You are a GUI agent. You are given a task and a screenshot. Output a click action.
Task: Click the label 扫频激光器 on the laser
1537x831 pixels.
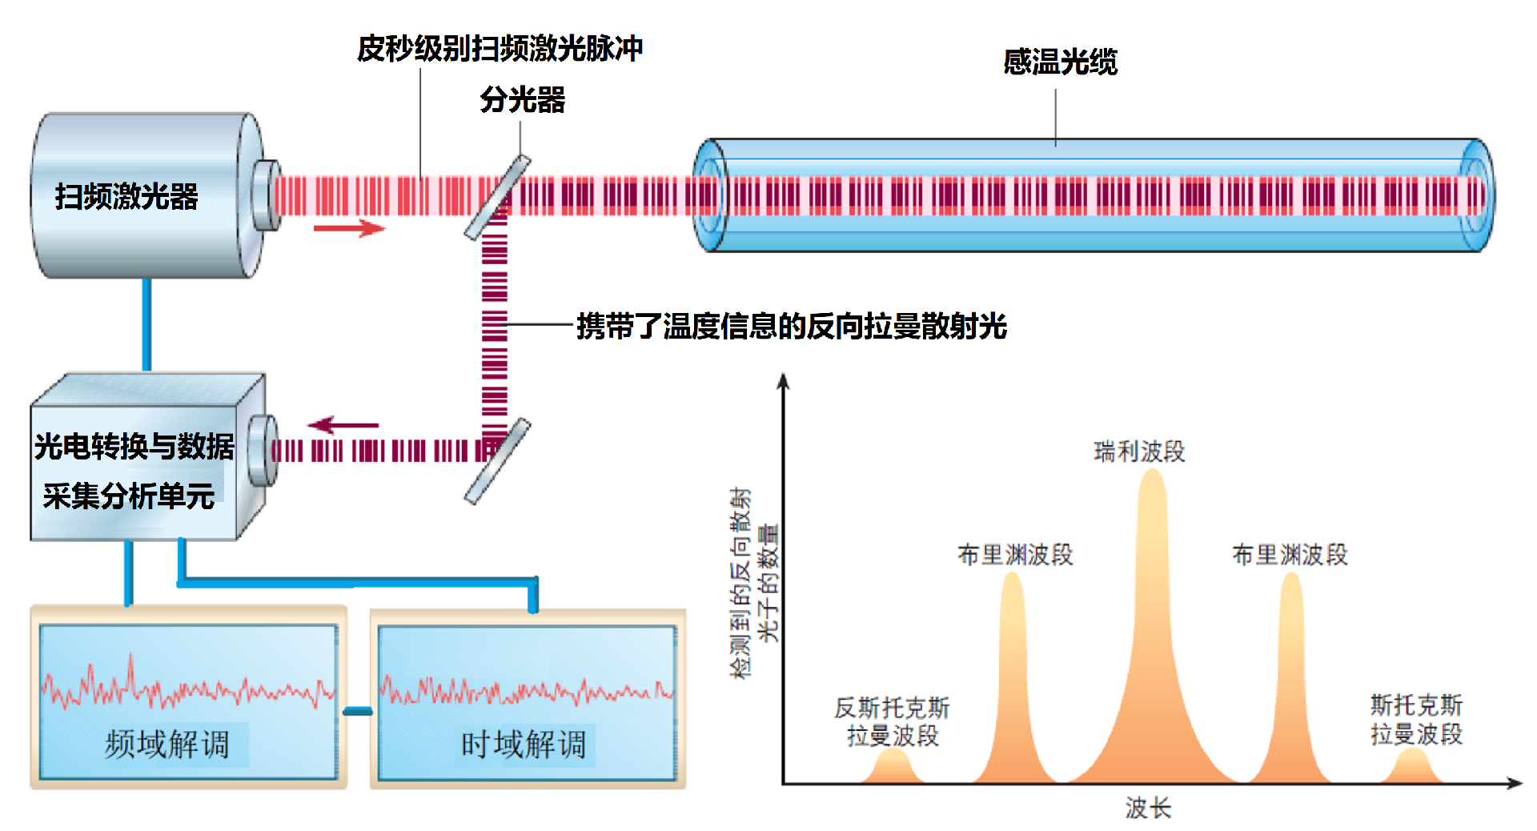tap(126, 196)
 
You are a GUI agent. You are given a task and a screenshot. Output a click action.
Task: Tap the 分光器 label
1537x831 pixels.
tap(523, 100)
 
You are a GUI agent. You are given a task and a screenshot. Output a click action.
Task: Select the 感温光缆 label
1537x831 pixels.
tap(1060, 62)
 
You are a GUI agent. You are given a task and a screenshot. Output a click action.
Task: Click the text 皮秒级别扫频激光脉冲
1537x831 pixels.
tap(500, 48)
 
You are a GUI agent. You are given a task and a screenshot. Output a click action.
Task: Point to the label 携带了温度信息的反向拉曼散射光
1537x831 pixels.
tap(792, 326)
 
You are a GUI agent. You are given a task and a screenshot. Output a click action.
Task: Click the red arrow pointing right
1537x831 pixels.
tap(349, 228)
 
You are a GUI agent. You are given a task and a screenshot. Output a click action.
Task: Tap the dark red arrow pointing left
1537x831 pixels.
tap(343, 425)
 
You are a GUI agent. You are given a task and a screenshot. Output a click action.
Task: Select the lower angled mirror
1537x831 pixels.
tap(497, 461)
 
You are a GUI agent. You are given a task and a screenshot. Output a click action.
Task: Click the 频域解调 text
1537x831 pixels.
tap(167, 745)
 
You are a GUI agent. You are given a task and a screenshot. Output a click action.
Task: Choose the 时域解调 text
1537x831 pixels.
tap(524, 745)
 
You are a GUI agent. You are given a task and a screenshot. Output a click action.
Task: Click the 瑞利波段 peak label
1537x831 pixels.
tap(1139, 452)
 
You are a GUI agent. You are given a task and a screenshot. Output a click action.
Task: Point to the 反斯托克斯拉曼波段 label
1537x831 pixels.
tap(892, 721)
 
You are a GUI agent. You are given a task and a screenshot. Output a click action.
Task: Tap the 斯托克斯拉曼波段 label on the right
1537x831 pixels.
tap(1416, 720)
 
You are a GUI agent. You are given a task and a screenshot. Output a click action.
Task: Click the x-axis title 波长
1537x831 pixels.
tap(1148, 808)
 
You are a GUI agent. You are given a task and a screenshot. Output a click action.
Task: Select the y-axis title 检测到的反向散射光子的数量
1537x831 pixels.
tap(754, 583)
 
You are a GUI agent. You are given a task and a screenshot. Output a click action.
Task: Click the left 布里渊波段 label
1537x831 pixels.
tap(1015, 554)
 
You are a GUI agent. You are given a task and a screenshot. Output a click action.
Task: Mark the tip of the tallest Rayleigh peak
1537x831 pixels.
tap(1152, 470)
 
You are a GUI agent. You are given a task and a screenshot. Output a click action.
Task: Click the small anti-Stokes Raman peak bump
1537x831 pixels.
tap(893, 766)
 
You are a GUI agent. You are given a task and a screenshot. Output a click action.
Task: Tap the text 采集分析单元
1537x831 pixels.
tap(129, 496)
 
